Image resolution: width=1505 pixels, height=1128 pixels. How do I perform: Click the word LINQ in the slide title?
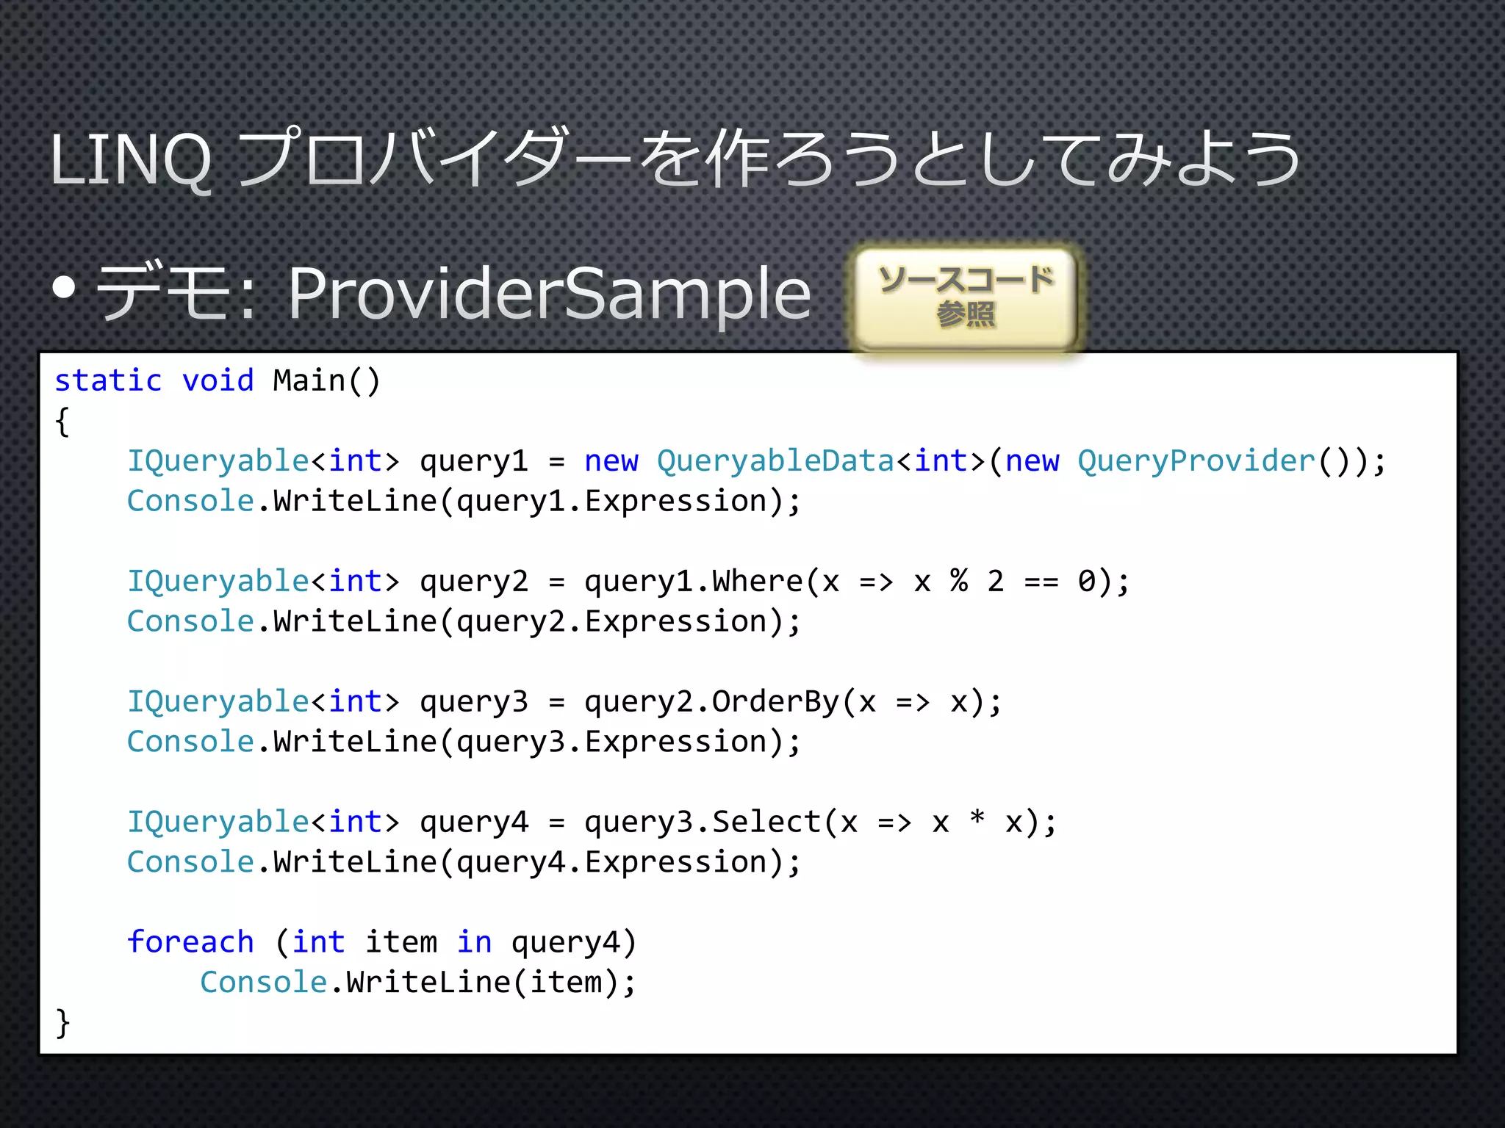(131, 160)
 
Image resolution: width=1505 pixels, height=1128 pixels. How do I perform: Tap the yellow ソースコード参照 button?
(966, 297)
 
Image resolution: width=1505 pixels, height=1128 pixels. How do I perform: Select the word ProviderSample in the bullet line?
(549, 294)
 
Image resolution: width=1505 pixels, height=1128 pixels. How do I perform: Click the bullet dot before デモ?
(65, 289)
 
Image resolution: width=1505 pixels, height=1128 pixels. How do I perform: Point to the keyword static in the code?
(108, 381)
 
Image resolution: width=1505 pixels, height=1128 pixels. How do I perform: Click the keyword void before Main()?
(218, 381)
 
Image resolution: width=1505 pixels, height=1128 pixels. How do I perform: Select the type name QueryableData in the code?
(775, 461)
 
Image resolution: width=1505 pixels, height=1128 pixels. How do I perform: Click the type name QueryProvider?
(1196, 461)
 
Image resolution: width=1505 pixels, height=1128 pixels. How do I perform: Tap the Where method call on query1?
(757, 582)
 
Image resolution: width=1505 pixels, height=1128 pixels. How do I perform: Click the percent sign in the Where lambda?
(959, 581)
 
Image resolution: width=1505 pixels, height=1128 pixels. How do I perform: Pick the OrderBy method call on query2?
(775, 702)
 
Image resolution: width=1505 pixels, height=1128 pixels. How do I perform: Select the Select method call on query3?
(766, 822)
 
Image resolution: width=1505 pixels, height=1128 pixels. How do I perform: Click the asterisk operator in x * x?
(977, 819)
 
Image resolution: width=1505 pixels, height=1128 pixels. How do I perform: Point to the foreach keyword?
(190, 942)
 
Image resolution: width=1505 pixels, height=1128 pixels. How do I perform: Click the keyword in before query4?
(474, 942)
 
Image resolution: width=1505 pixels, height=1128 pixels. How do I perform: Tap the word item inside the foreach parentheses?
(401, 942)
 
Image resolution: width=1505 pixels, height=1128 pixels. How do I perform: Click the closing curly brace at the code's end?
(63, 1022)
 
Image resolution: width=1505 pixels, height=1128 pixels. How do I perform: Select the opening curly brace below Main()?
(63, 422)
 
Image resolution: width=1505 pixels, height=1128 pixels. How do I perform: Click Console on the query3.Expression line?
(190, 742)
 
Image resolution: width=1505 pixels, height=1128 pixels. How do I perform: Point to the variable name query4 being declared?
(474, 823)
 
